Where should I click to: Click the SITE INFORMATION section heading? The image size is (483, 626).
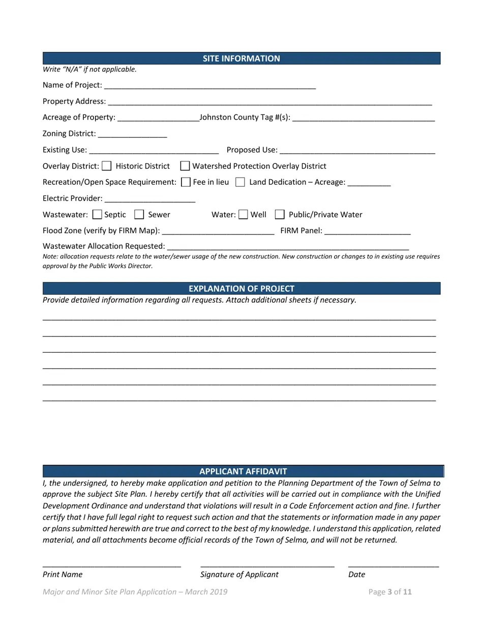pos(241,59)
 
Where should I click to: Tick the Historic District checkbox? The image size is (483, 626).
pos(107,166)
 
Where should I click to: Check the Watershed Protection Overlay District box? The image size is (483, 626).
pos(185,166)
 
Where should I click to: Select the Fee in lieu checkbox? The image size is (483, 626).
pos(186,182)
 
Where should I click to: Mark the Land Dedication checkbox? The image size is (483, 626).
pos(240,182)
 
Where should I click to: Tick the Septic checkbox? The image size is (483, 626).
pos(97,215)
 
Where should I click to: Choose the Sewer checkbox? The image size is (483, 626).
pos(139,215)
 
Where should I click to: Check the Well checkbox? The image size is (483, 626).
pos(244,215)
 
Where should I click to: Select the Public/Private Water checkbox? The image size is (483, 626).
pos(280,215)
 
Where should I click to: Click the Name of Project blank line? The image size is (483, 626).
pos(209,86)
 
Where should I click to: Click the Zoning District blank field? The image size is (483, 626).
pos(132,134)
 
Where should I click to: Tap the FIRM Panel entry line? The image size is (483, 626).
pos(367,231)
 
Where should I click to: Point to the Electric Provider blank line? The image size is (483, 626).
pos(149,198)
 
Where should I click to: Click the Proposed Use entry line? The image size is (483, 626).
pos(357,150)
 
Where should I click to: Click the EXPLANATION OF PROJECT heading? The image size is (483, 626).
pos(241,289)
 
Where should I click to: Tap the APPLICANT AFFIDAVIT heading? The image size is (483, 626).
pos(243,471)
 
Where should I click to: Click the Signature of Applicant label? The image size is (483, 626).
pos(239,575)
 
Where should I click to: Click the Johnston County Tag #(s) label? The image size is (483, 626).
pos(245,118)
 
